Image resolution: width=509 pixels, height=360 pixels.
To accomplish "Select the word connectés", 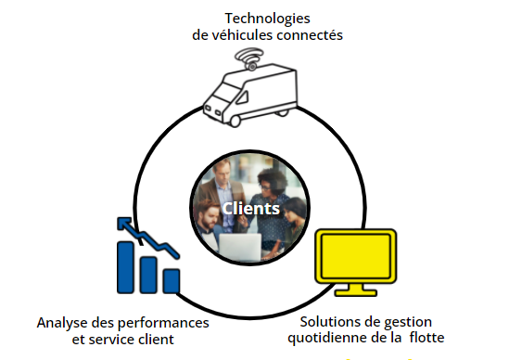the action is point(309,35).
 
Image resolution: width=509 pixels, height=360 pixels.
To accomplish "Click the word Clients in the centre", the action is point(249,209).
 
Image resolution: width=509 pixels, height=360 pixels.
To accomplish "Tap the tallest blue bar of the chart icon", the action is point(128,266).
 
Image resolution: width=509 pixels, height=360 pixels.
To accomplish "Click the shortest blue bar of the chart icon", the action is point(171,280).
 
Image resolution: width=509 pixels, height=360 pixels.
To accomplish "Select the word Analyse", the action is point(64,323).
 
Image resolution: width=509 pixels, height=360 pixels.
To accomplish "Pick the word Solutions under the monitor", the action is point(330,321).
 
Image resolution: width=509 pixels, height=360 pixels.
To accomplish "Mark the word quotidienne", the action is point(330,338).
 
